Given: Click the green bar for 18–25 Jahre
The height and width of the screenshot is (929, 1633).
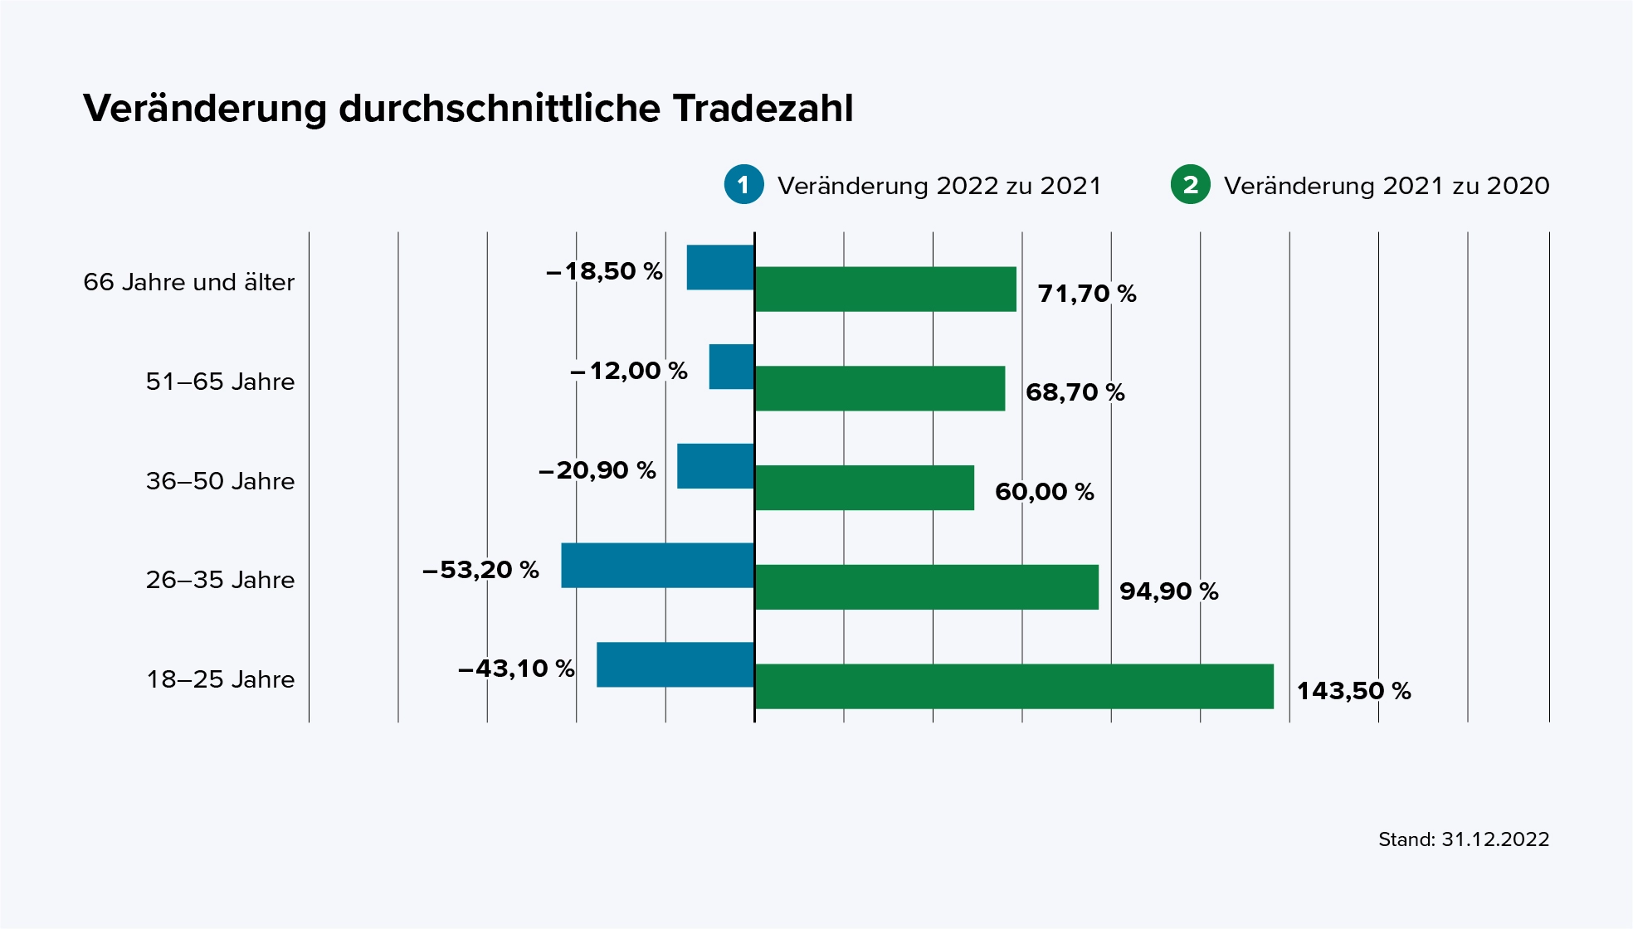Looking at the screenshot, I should click(x=1014, y=686).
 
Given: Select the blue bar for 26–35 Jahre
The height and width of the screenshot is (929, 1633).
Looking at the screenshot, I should click(x=657, y=566).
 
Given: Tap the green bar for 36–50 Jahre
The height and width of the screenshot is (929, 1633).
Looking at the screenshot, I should click(x=865, y=488).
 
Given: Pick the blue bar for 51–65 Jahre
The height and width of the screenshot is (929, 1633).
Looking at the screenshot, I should click(x=731, y=367).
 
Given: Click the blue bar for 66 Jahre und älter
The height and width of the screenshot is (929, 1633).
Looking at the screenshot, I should click(x=720, y=268).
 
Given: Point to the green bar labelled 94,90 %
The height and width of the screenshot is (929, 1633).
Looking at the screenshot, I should click(x=927, y=587).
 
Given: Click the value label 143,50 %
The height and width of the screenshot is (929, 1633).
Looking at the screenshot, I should click(x=1353, y=691).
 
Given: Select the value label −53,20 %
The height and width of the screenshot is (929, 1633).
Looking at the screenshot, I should click(x=480, y=570).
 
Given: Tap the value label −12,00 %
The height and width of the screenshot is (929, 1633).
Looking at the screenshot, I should click(x=629, y=371).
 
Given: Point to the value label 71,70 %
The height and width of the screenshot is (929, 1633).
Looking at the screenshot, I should click(x=1087, y=294).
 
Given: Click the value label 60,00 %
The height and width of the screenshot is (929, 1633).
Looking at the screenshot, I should click(x=1044, y=492).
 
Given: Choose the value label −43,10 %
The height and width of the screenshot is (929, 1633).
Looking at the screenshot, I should click(x=516, y=669).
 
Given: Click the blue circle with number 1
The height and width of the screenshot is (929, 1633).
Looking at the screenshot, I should click(x=743, y=184).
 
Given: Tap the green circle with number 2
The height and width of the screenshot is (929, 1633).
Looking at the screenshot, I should click(x=1190, y=184).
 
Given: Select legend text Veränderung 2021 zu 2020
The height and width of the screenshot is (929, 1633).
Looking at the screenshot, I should click(x=1386, y=186).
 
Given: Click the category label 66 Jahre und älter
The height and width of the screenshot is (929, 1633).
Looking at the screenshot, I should click(x=189, y=282).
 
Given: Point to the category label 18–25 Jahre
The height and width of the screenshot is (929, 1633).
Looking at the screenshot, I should click(x=221, y=679).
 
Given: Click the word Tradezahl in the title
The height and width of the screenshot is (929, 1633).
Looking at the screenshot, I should click(x=763, y=109).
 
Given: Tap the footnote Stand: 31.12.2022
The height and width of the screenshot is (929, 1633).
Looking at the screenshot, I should click(x=1463, y=839).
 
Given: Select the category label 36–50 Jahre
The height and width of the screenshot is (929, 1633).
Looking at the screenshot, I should click(x=221, y=481).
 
